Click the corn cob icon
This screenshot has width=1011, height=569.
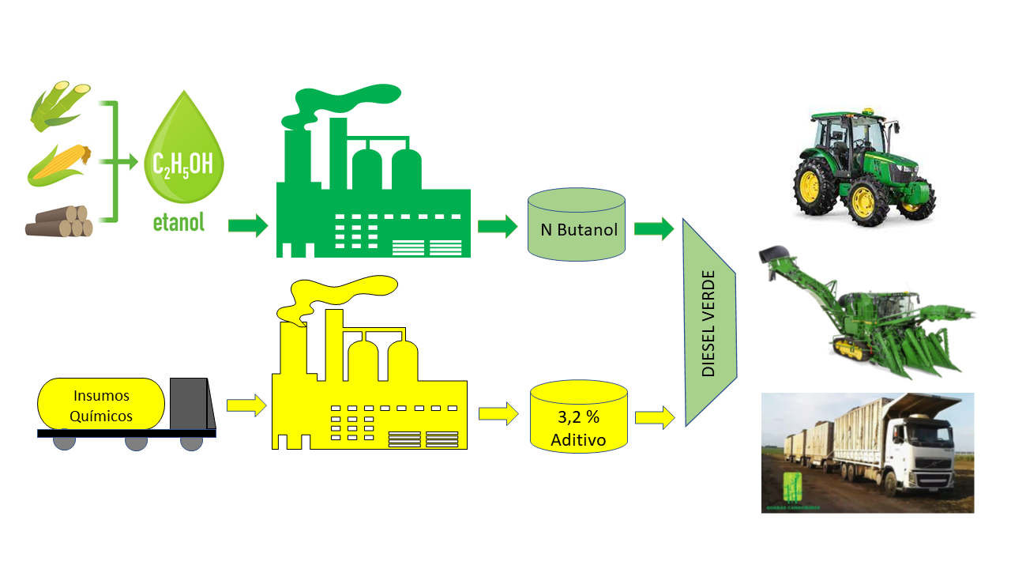tap(60, 164)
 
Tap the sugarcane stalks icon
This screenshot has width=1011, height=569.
tap(60, 107)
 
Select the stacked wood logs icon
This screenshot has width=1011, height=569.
tap(59, 222)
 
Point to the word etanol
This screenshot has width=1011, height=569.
tap(179, 221)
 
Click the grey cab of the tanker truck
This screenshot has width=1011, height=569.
tap(190, 404)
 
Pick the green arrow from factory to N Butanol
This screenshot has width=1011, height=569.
tap(497, 228)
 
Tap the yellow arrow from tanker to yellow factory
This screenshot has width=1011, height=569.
tap(246, 405)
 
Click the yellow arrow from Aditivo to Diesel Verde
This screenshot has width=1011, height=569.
tap(655, 416)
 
